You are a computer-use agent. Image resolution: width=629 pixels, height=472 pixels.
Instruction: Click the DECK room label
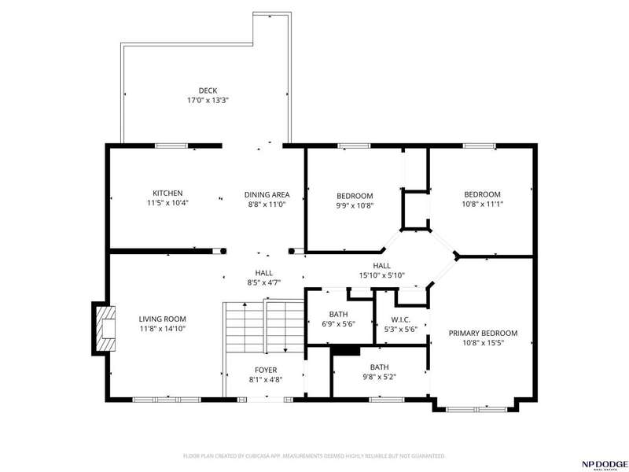pyautogui.click(x=208, y=90)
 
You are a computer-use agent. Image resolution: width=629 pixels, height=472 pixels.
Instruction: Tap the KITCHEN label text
pyautogui.click(x=167, y=194)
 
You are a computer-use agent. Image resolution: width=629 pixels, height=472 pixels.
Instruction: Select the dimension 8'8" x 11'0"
pyautogui.click(x=267, y=205)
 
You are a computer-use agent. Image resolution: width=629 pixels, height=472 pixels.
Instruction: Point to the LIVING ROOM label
pyautogui.click(x=163, y=319)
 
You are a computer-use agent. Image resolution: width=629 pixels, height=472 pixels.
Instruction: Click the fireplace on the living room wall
pyautogui.click(x=105, y=329)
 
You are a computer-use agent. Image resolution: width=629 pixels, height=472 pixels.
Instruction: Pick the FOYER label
pyautogui.click(x=266, y=370)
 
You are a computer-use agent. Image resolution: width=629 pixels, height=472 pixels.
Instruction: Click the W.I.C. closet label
pyautogui.click(x=400, y=320)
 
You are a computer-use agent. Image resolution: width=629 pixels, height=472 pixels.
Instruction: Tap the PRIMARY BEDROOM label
pyautogui.click(x=483, y=333)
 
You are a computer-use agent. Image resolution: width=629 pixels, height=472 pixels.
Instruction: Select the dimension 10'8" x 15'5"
pyautogui.click(x=483, y=343)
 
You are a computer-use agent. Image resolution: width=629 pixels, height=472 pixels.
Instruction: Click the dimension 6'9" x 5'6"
pyautogui.click(x=339, y=324)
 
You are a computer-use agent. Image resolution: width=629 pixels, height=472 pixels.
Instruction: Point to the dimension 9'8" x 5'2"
pyautogui.click(x=380, y=378)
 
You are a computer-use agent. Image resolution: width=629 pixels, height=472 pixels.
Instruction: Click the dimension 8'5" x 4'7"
pyautogui.click(x=264, y=283)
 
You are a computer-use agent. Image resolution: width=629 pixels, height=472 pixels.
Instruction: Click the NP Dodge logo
pyautogui.click(x=605, y=465)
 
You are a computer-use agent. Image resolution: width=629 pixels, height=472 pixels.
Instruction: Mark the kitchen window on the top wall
pyautogui.click(x=171, y=146)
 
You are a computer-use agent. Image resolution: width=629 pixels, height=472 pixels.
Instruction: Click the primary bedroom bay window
pyautogui.click(x=476, y=409)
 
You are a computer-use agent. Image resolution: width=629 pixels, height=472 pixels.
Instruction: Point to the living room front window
pyautogui.click(x=167, y=400)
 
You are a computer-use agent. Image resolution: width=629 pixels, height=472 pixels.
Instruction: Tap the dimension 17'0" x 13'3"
pyautogui.click(x=208, y=101)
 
